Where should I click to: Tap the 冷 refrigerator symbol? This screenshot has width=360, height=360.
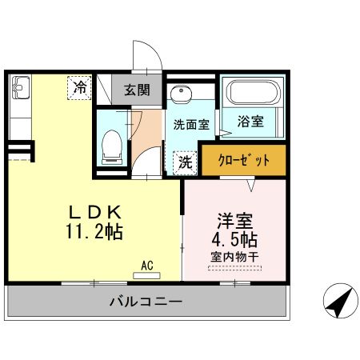(x=80, y=86)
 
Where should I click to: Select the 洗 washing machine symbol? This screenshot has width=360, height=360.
(x=185, y=162)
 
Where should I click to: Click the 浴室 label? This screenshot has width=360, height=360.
(x=250, y=122)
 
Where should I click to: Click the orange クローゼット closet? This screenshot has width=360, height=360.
(x=243, y=159)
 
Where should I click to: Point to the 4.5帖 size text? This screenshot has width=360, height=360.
(x=234, y=240)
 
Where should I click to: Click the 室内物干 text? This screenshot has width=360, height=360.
(x=234, y=257)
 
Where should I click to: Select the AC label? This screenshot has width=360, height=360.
(x=146, y=263)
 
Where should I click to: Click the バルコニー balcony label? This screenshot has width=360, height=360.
(x=146, y=302)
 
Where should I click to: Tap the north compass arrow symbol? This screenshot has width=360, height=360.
(x=338, y=302)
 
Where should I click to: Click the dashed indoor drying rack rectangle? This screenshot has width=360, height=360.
(x=234, y=270)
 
